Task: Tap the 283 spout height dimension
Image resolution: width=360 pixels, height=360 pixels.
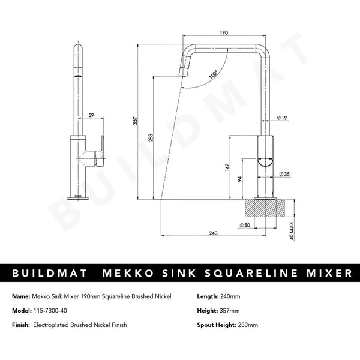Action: pyautogui.click(x=150, y=137)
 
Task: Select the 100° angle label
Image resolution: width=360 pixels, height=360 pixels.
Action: pyautogui.click(x=213, y=75)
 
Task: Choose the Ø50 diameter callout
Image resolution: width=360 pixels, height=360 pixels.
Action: pyautogui.click(x=245, y=225)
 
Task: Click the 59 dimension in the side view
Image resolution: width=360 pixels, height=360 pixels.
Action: pyautogui.click(x=91, y=113)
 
